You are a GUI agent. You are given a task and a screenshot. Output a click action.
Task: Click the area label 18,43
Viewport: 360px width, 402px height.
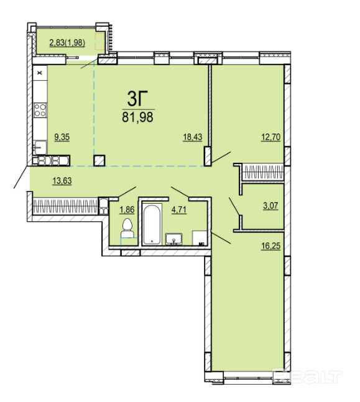193,137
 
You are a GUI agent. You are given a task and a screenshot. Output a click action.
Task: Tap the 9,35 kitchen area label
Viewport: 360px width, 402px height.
62,137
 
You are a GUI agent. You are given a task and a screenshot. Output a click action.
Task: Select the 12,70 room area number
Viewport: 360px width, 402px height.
270,137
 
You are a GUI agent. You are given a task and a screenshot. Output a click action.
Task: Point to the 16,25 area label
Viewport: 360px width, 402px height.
270,246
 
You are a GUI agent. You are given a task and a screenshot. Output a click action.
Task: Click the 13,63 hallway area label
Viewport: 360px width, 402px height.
62,181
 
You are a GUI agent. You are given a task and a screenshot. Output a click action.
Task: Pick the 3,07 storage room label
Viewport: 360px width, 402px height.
270,206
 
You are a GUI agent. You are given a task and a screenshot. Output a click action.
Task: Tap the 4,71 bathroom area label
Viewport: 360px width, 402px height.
179,210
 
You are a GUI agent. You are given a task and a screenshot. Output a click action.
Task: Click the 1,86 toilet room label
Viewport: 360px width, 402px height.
127,210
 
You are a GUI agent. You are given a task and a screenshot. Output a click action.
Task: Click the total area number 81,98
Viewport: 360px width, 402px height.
138,117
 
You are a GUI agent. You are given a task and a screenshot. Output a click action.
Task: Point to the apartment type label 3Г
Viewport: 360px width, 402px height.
138,99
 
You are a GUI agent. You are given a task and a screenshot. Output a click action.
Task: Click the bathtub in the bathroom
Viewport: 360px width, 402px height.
152,224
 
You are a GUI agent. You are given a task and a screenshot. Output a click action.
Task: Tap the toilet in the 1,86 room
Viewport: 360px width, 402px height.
127,229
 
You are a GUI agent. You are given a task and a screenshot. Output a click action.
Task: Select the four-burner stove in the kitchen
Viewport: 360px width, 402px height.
40,110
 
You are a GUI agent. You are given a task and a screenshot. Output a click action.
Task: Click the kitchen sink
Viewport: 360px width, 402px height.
40,147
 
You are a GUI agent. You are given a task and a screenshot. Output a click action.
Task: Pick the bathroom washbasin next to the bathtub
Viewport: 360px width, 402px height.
174,239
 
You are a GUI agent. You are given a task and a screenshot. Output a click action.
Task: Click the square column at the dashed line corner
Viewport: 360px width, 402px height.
99,160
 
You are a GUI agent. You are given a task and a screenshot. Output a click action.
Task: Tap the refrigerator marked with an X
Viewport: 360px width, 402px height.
40,73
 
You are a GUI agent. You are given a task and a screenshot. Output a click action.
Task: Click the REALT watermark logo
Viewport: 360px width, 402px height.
307,377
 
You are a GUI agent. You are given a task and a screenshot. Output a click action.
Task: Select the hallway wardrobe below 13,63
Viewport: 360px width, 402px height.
65,206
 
